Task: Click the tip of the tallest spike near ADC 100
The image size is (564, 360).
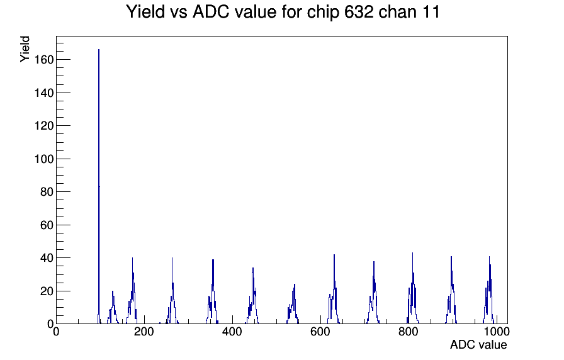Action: (x=99, y=50)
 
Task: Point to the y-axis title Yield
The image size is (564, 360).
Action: (x=25, y=49)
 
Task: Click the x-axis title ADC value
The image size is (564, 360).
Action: (x=478, y=344)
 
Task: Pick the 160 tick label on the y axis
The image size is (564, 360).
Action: (x=43, y=60)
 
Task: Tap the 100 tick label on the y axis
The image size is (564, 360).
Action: (x=43, y=159)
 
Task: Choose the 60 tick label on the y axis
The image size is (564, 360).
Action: (x=47, y=225)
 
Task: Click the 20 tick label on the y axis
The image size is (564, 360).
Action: (x=47, y=291)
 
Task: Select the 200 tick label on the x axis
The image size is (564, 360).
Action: (x=144, y=332)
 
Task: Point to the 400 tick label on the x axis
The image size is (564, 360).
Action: (x=232, y=332)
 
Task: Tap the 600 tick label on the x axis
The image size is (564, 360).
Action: (x=320, y=332)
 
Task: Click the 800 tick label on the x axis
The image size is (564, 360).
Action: (x=409, y=332)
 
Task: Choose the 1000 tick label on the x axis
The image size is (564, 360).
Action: (x=497, y=332)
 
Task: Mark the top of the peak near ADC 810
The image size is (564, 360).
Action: (x=412, y=253)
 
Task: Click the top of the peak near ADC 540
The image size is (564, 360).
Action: (x=295, y=284)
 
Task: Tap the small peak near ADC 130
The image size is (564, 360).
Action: (x=113, y=291)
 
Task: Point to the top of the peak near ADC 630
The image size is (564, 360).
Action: (x=334, y=255)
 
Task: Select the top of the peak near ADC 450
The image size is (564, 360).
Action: (x=253, y=268)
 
